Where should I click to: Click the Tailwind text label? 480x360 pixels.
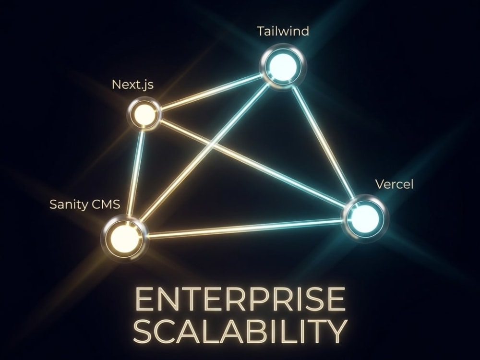[x=283, y=31]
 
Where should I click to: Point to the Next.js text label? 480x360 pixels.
[x=132, y=84]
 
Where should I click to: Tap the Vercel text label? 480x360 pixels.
[x=394, y=184]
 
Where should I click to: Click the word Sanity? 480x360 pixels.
[x=68, y=204]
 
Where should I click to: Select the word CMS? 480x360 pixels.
[x=105, y=204]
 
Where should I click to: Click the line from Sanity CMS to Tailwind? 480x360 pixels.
[x=204, y=151]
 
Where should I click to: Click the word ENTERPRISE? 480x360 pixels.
[x=240, y=299]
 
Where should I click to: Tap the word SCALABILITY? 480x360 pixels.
[x=240, y=332]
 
